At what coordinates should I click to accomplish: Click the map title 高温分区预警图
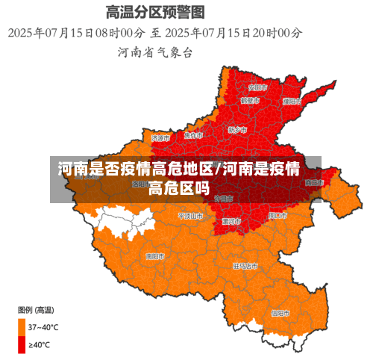pyautogui.click(x=155, y=13)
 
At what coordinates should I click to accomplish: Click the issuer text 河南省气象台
pyautogui.click(x=155, y=52)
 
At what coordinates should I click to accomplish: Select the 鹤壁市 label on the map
pyautogui.click(x=250, y=100)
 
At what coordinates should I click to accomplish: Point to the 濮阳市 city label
pyautogui.click(x=292, y=100)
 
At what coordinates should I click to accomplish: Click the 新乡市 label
pyautogui.click(x=237, y=130)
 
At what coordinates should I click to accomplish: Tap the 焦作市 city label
pyautogui.click(x=194, y=136)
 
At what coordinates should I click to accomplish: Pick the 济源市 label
pyautogui.click(x=160, y=138)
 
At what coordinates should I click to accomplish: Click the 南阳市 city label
pyautogui.click(x=156, y=256)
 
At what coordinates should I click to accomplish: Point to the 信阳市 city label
pyautogui.click(x=280, y=313)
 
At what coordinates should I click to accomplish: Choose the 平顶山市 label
pyautogui.click(x=190, y=216)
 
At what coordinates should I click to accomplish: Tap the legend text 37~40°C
pyautogui.click(x=43, y=326)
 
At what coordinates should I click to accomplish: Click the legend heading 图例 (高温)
pyautogui.click(x=35, y=309)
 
